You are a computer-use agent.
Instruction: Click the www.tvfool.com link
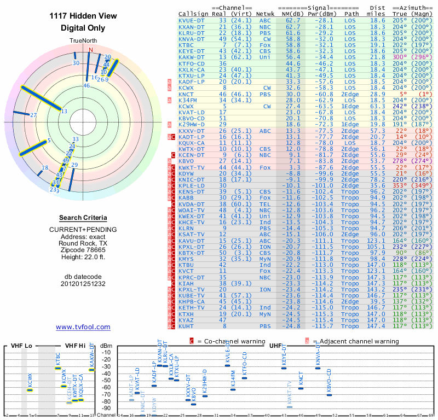coord(83,327)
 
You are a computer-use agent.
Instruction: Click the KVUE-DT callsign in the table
coord(192,21)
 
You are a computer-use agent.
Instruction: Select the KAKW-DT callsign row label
coord(192,57)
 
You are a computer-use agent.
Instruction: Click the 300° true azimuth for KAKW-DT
coord(401,57)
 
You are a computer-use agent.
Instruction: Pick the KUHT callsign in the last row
coord(186,326)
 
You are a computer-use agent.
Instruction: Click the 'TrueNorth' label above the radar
coord(82,42)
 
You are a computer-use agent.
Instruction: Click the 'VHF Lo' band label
coord(21,346)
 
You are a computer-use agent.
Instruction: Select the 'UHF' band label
coord(275,346)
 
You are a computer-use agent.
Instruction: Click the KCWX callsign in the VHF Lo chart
coord(30,379)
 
